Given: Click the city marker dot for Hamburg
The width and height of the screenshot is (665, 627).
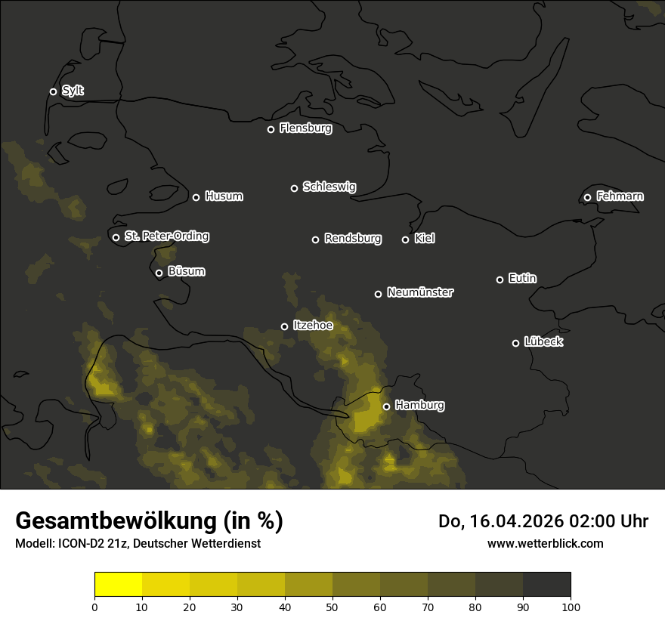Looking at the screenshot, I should coord(386,406).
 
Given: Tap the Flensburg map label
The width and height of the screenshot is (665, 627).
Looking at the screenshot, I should coord(305,128).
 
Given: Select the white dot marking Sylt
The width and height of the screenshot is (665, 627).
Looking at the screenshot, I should coord(53,91).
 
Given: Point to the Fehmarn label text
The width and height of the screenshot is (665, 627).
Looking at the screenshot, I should coord(620,196).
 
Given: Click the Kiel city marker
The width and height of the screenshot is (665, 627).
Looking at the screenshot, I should coord(405,239).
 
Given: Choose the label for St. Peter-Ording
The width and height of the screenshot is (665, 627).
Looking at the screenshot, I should coord(166,236).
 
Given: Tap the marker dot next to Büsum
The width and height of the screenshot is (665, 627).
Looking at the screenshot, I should coord(159,273).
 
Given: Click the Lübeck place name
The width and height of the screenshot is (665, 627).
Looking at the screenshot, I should coord(543,342).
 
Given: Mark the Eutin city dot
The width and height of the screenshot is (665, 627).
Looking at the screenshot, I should coord(500,280).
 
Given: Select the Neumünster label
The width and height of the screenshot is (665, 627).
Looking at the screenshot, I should coord(419,292).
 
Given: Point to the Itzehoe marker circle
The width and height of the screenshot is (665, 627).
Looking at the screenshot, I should coord(284,326).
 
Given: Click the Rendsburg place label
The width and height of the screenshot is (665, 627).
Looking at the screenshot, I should coord(352,239).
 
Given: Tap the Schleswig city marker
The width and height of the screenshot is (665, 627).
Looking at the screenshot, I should coord(294,188).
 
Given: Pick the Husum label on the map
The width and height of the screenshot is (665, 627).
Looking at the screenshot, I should coord(224,196).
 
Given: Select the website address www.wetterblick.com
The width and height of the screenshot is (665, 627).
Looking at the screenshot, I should coord(545,543).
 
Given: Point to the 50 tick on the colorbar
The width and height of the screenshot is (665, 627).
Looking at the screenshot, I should coord(332,606).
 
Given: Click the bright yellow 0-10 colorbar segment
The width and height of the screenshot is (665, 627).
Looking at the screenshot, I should coord(118,584).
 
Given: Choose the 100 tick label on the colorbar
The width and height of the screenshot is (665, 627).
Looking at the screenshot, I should coord(571,606).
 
